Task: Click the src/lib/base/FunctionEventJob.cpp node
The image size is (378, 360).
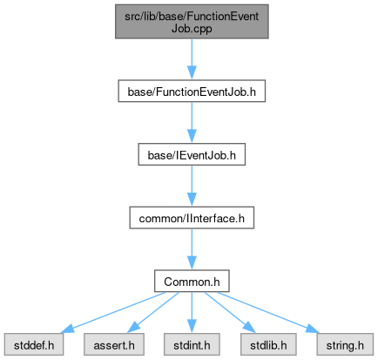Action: tap(192, 22)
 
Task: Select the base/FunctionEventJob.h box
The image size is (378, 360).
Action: tap(192, 91)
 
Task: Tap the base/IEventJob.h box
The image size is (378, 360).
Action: tap(192, 154)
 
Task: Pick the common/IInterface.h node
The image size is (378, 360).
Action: tap(192, 218)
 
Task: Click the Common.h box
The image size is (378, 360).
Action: tap(192, 281)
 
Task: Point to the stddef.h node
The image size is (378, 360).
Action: tap(34, 344)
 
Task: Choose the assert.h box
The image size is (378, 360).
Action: tap(114, 344)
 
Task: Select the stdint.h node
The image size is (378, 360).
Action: tap(192, 344)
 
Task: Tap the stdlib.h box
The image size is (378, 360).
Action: tap(268, 344)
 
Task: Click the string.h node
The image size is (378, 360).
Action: tap(345, 344)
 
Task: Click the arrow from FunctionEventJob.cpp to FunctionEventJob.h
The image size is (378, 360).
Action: tap(192, 59)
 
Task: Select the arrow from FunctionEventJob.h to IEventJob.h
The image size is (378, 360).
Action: tap(192, 122)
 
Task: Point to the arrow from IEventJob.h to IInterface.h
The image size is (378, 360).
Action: tap(192, 186)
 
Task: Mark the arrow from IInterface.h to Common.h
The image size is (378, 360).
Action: tap(192, 249)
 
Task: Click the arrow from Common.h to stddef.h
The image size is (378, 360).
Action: tap(113, 313)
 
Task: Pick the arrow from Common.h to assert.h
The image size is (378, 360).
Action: tap(153, 313)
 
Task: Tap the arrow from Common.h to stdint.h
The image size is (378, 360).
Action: tap(192, 313)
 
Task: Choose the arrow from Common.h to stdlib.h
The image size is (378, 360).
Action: tap(230, 313)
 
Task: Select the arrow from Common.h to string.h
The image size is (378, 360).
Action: tap(268, 313)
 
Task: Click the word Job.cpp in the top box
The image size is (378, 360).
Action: tap(192, 29)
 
